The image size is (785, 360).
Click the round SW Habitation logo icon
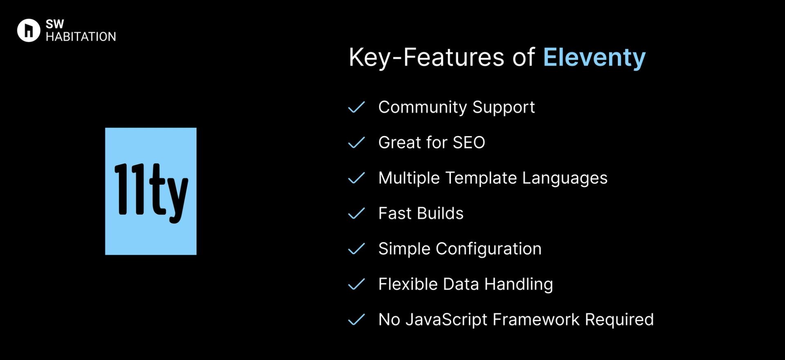click(29, 30)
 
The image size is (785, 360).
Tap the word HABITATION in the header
click(81, 37)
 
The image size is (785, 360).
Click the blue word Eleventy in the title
click(594, 58)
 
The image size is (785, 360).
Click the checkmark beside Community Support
click(356, 107)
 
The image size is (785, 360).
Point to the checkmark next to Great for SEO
click(356, 143)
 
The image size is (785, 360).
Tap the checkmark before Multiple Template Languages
click(356, 178)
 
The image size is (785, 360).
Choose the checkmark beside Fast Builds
click(356, 213)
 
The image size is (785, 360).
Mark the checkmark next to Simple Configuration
click(356, 249)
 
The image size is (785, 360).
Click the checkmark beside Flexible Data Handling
click(356, 284)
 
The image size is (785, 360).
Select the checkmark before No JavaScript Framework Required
click(356, 320)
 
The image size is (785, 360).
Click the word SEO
click(469, 143)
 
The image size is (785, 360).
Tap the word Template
click(481, 178)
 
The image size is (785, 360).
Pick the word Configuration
click(489, 249)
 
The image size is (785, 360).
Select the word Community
click(423, 107)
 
